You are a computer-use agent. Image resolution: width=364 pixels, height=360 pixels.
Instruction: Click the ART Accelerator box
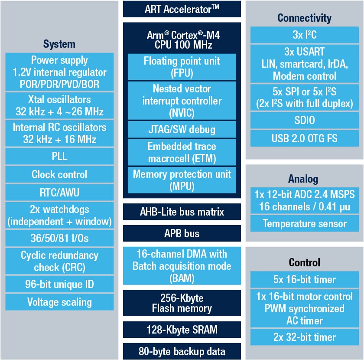tap(182, 9)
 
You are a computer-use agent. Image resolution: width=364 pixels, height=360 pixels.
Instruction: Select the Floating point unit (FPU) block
tap(182, 66)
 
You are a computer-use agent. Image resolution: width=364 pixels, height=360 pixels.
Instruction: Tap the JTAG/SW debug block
tap(182, 129)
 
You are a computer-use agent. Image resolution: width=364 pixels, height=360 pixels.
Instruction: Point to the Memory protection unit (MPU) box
tap(182, 180)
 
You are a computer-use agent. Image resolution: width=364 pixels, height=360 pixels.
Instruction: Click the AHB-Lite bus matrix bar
tap(182, 212)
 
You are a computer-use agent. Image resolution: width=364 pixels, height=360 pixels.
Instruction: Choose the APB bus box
tap(182, 233)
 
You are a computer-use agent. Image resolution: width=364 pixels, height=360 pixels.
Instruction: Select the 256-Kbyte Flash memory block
tap(182, 303)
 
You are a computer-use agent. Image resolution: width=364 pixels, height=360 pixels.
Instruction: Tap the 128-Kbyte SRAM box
tap(182, 330)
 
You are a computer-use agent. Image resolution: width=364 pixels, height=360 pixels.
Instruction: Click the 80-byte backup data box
tap(182, 351)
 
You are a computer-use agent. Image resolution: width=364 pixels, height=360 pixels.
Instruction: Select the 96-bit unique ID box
tap(59, 285)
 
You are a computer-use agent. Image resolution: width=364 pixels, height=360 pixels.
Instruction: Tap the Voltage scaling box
tap(59, 302)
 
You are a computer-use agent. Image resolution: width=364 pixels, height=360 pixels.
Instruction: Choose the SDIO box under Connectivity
tap(305, 120)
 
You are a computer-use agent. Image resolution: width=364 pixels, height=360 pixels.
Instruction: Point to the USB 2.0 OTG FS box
tap(305, 138)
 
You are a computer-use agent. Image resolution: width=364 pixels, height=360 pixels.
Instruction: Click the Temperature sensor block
tap(305, 224)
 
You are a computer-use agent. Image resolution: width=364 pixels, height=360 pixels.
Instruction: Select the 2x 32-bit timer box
tap(305, 337)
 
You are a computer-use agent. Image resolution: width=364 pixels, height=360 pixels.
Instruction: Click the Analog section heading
tap(303, 179)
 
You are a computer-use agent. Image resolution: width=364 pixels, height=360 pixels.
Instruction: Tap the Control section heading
tap(304, 262)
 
